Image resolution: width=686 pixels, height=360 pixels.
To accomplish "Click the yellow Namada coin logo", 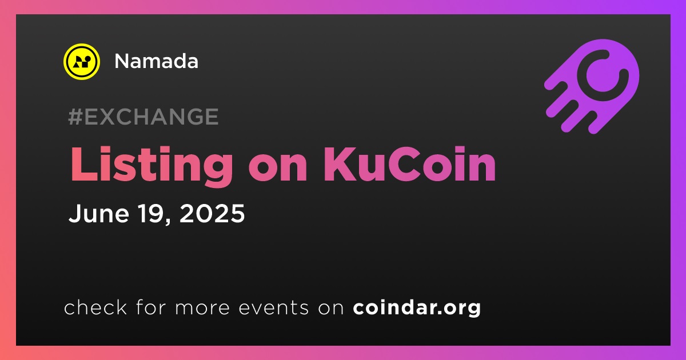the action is pos(81,62).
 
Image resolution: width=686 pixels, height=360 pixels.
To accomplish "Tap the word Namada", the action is pos(156,61).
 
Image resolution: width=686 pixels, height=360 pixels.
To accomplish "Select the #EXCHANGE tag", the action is pos(143,117).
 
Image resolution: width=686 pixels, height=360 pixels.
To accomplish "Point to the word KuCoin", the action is pos(409,165).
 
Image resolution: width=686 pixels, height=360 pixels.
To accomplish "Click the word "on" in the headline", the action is pos(278,169).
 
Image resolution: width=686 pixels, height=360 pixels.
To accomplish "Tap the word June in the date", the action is pos(98,213).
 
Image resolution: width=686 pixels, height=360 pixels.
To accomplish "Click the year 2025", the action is pos(212,213).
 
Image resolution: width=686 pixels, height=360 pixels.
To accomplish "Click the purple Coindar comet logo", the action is pos(592,86).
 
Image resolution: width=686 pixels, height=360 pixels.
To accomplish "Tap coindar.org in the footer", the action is pos(417,308).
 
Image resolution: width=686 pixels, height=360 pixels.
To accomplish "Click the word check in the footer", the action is pos(95,307).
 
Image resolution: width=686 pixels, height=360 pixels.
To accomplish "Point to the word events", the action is pos(273,308).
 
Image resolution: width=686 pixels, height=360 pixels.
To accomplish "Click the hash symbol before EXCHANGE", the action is pos(75,117).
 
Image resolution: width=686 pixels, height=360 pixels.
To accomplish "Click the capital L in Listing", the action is pos(83,165).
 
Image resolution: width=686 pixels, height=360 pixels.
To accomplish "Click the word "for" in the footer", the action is pos(151,307).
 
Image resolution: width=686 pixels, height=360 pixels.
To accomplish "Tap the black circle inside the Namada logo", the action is pos(87,58).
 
